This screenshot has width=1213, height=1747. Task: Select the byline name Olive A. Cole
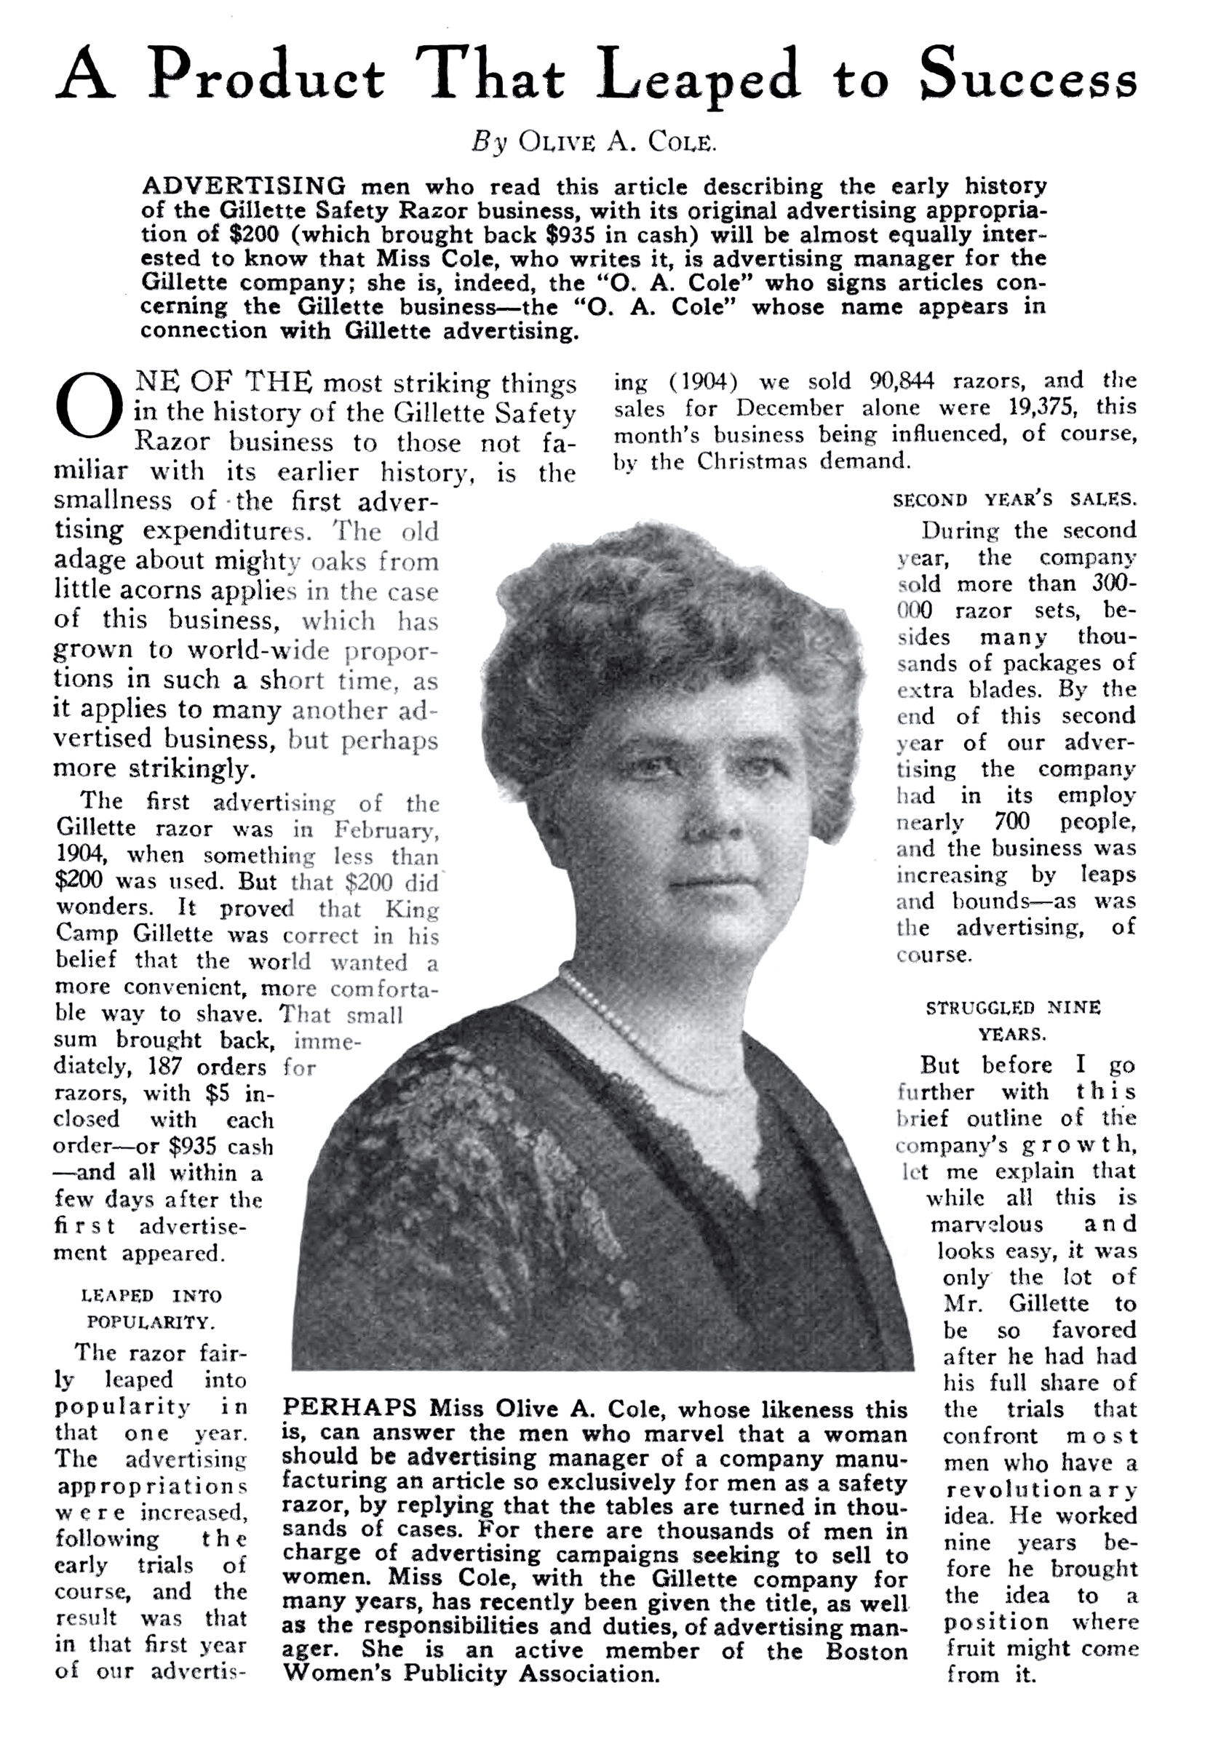617,142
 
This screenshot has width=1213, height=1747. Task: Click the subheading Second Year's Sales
1014,499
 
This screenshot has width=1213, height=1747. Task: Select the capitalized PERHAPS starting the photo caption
349,1408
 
